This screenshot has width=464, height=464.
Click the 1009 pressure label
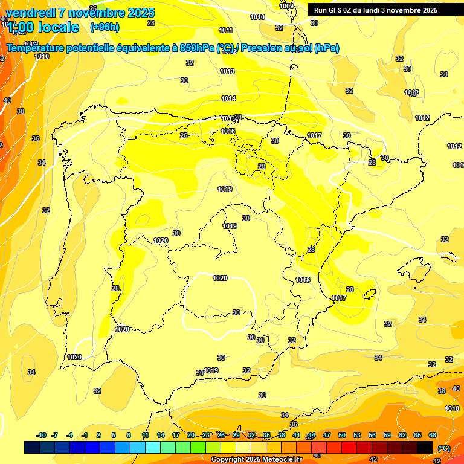(287, 6)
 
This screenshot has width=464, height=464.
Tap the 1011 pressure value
(226, 30)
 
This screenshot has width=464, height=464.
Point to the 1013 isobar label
(227, 71)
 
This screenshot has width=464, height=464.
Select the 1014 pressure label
(228, 98)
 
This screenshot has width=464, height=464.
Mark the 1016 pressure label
(228, 131)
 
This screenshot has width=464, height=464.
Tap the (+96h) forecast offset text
(105, 27)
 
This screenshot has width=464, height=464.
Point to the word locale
(59, 27)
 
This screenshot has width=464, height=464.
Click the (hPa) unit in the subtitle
(327, 48)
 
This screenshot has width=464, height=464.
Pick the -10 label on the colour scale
(41, 435)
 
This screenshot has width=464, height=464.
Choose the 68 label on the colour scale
(433, 435)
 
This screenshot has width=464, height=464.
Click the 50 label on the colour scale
(342, 435)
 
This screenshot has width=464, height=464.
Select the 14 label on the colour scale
(161, 435)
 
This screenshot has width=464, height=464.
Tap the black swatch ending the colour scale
(425, 447)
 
